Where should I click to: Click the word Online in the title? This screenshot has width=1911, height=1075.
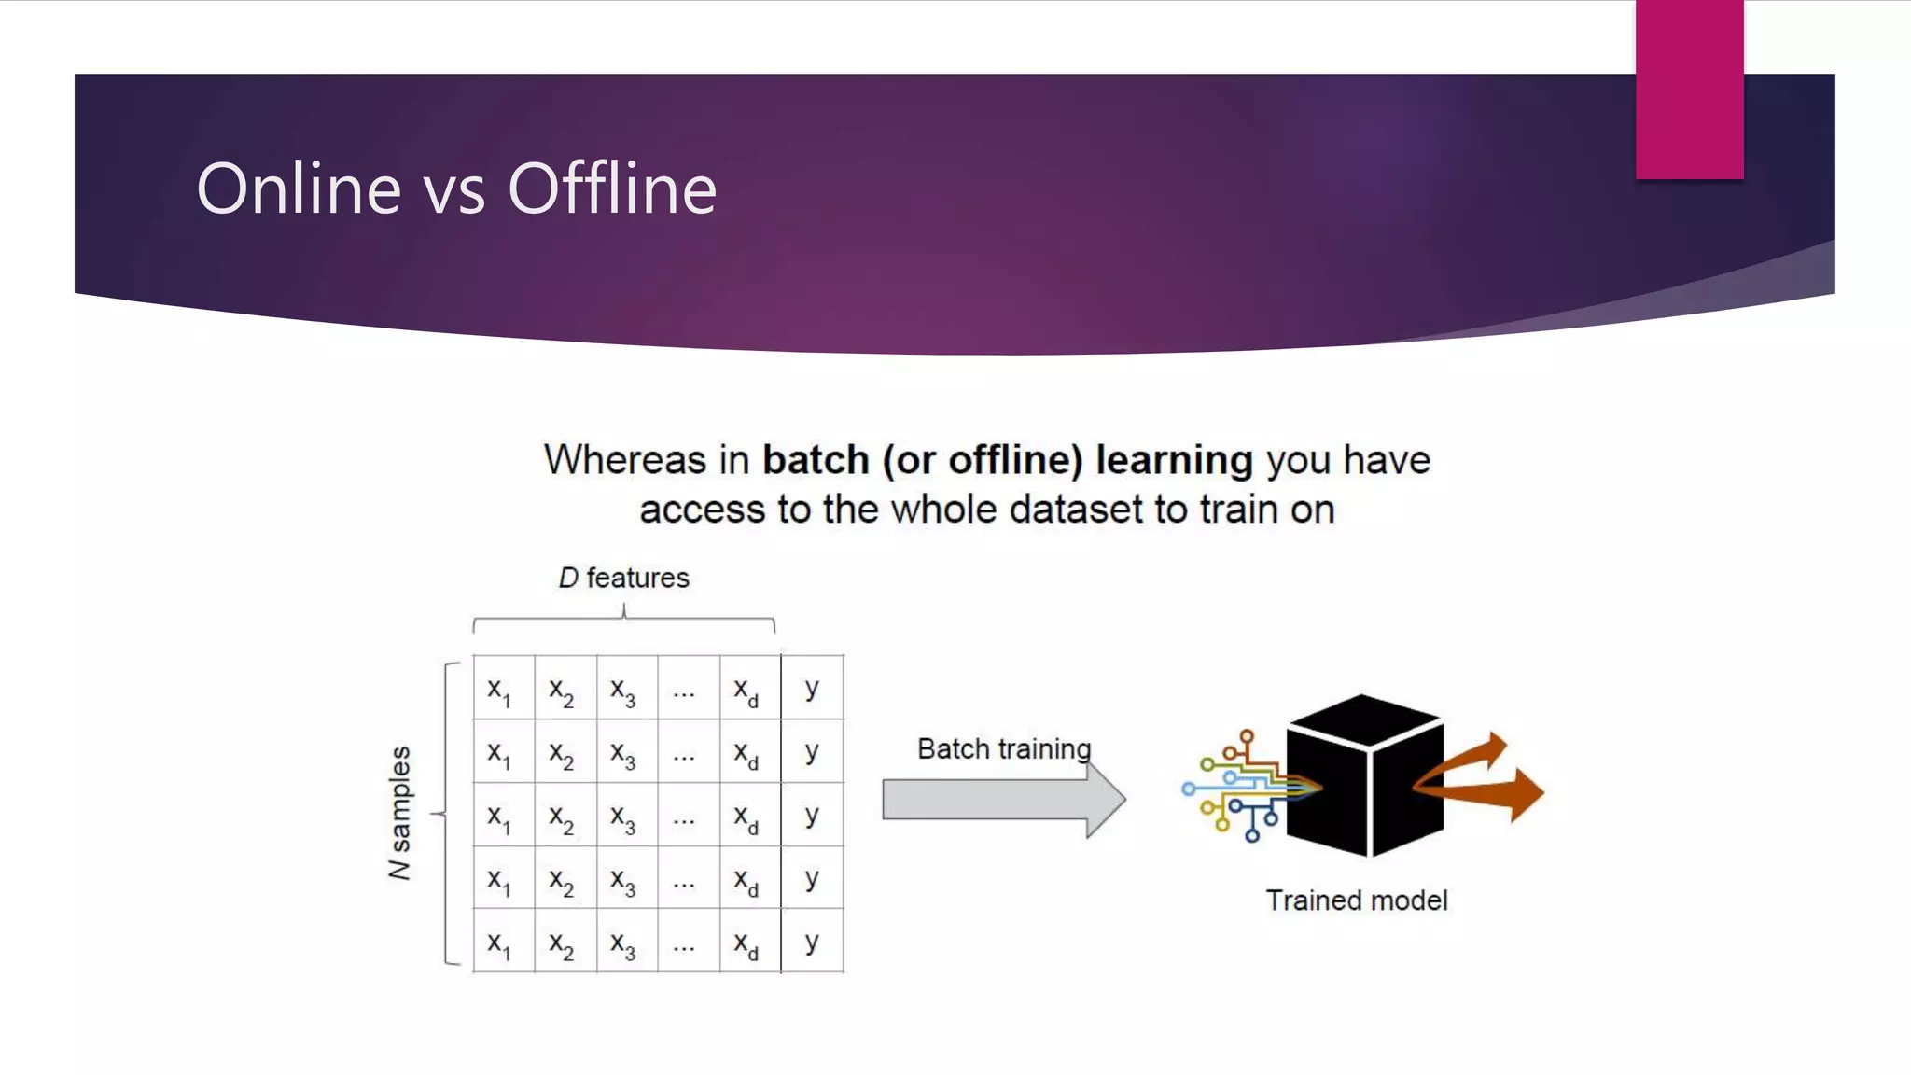coord(299,188)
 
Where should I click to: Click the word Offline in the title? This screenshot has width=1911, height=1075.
coord(612,188)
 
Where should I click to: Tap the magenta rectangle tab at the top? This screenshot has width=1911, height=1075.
coord(1689,90)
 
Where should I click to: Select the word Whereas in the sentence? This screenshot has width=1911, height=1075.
coord(625,460)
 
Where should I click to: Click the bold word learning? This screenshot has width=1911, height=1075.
coord(1174,460)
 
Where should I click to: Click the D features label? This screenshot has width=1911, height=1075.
coord(623,578)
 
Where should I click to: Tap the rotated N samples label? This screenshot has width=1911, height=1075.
coord(399,812)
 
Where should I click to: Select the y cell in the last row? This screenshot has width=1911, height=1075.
coord(812,942)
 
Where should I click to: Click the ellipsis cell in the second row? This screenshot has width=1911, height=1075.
coord(684,753)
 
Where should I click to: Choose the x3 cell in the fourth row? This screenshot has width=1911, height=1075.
coord(623,880)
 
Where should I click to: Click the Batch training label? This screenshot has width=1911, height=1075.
coord(1004,748)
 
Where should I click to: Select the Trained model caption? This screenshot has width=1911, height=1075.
coord(1356,900)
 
